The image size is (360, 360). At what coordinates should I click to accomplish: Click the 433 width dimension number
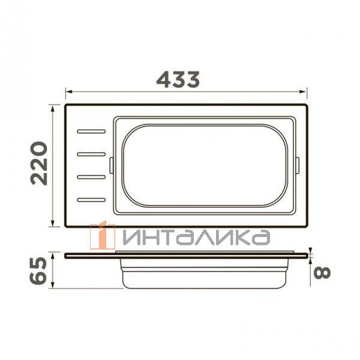tap(178, 79)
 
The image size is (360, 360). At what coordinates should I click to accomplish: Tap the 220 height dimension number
tap(40, 163)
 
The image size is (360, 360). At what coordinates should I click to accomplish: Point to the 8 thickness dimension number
tap(322, 271)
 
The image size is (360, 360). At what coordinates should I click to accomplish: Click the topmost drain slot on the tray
tap(91, 130)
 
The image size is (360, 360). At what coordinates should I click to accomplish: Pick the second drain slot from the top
tap(91, 154)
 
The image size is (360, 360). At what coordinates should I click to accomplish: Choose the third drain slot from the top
tap(91, 176)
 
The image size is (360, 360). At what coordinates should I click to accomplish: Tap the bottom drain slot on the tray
tap(91, 199)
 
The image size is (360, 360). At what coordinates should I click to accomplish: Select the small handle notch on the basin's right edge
tap(298, 164)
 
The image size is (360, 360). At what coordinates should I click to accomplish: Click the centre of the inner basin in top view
tap(205, 164)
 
